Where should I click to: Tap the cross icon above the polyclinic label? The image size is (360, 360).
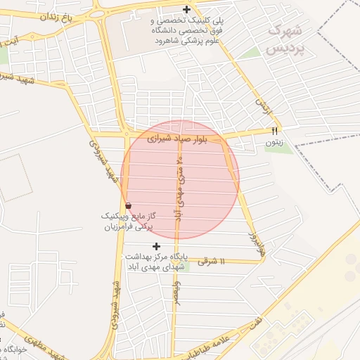tap(186, 9)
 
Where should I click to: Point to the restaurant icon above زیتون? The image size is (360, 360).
tap(275, 131)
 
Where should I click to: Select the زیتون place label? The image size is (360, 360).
tap(274, 142)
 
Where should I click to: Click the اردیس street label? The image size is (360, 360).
tap(262, 107)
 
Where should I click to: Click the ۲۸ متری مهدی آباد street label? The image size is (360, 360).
tap(179, 186)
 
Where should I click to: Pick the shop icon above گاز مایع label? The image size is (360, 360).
tap(127, 205)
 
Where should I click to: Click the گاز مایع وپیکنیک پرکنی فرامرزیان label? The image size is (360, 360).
tap(129, 222)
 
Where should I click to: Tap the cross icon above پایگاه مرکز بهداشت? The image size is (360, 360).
tap(156, 246)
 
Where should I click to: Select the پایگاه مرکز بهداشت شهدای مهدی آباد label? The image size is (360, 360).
tap(155, 262)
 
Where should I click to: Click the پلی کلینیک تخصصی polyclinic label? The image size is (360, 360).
tap(186, 30)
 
